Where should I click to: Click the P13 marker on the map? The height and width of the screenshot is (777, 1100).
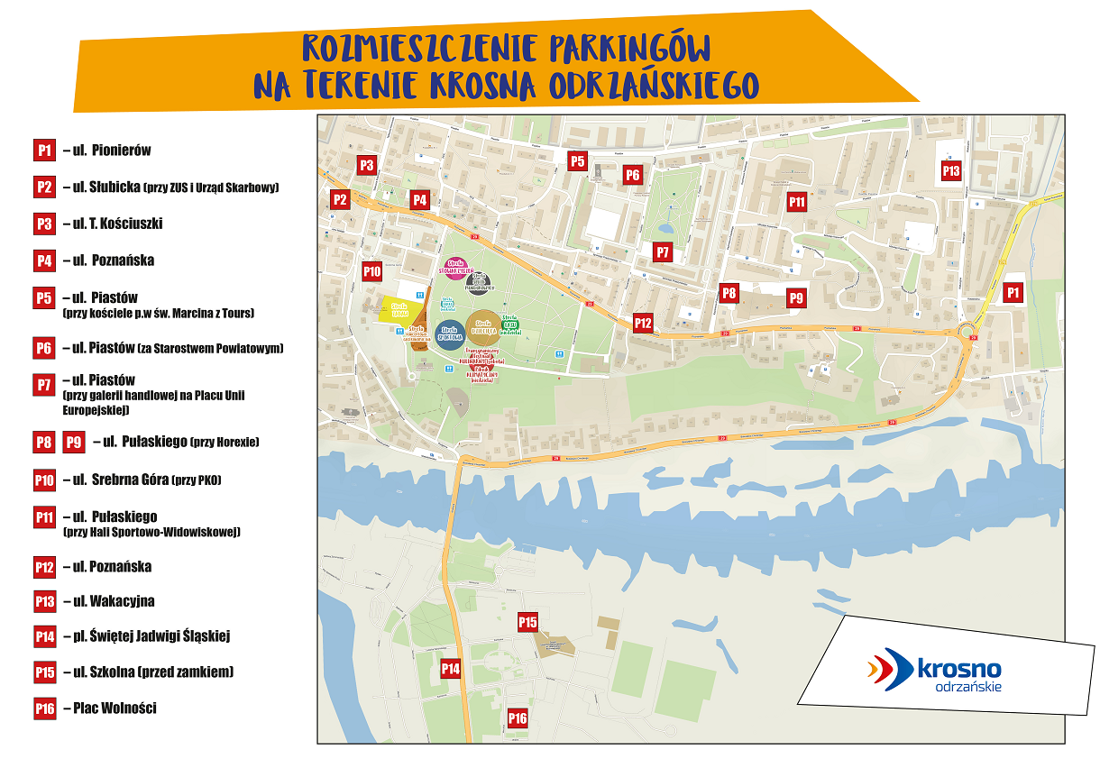click(x=951, y=170)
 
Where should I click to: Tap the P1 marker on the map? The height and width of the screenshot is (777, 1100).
click(x=1013, y=292)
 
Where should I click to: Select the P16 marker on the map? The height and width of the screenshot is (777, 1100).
click(x=517, y=718)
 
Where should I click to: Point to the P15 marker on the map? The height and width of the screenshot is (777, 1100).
click(x=527, y=622)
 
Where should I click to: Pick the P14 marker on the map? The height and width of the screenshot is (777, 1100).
click(x=450, y=668)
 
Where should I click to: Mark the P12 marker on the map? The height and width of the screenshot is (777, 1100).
click(x=643, y=323)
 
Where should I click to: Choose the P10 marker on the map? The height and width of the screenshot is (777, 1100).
click(x=372, y=270)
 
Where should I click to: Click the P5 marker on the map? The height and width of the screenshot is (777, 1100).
click(x=577, y=161)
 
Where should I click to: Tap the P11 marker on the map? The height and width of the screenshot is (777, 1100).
click(x=796, y=202)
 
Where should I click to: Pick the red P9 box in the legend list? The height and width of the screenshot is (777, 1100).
click(x=75, y=443)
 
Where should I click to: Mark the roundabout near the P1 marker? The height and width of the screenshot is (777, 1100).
click(x=968, y=331)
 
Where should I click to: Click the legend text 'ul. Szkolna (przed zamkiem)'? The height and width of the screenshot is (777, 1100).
click(x=149, y=672)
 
